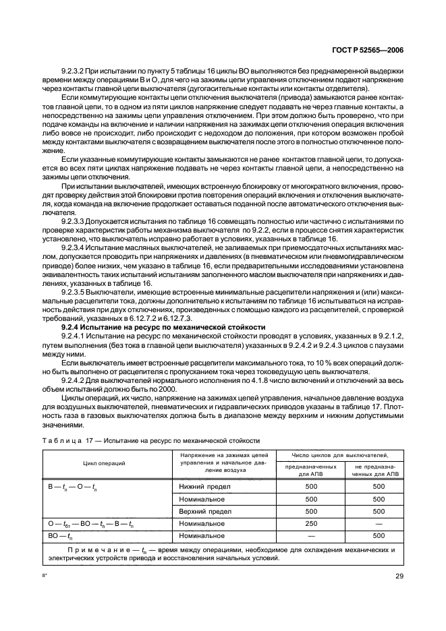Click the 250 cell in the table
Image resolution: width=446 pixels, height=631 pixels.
310,523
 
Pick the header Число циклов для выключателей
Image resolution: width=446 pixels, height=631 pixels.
340,456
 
